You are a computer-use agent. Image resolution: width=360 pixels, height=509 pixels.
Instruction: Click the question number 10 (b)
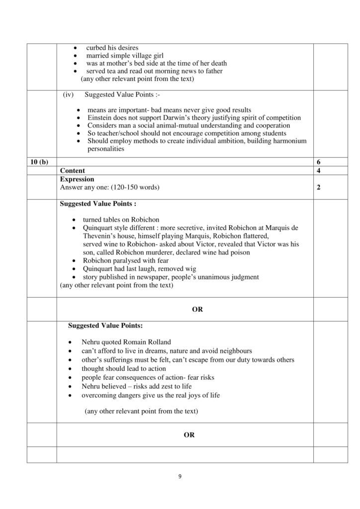[x=38, y=163]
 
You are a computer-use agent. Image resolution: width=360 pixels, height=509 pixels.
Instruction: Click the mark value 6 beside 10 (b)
[x=318, y=163]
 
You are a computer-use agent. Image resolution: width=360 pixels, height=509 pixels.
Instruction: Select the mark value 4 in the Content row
[x=318, y=170]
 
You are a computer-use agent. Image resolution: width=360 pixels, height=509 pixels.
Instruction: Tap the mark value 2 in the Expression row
[x=318, y=188]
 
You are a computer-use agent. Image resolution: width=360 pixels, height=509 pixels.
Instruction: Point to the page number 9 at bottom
[x=180, y=477]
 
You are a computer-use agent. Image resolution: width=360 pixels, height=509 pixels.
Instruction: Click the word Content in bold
[x=72, y=170]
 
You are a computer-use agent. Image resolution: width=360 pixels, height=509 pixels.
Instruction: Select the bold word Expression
[x=77, y=179]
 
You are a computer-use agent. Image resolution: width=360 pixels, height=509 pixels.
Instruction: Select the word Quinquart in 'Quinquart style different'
[x=99, y=227]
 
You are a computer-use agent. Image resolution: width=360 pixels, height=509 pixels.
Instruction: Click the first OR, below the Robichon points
[x=197, y=309]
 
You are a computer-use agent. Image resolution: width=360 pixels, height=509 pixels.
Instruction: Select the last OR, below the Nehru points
[x=189, y=435]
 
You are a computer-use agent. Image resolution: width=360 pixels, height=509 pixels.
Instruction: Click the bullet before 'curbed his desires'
[x=75, y=48]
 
